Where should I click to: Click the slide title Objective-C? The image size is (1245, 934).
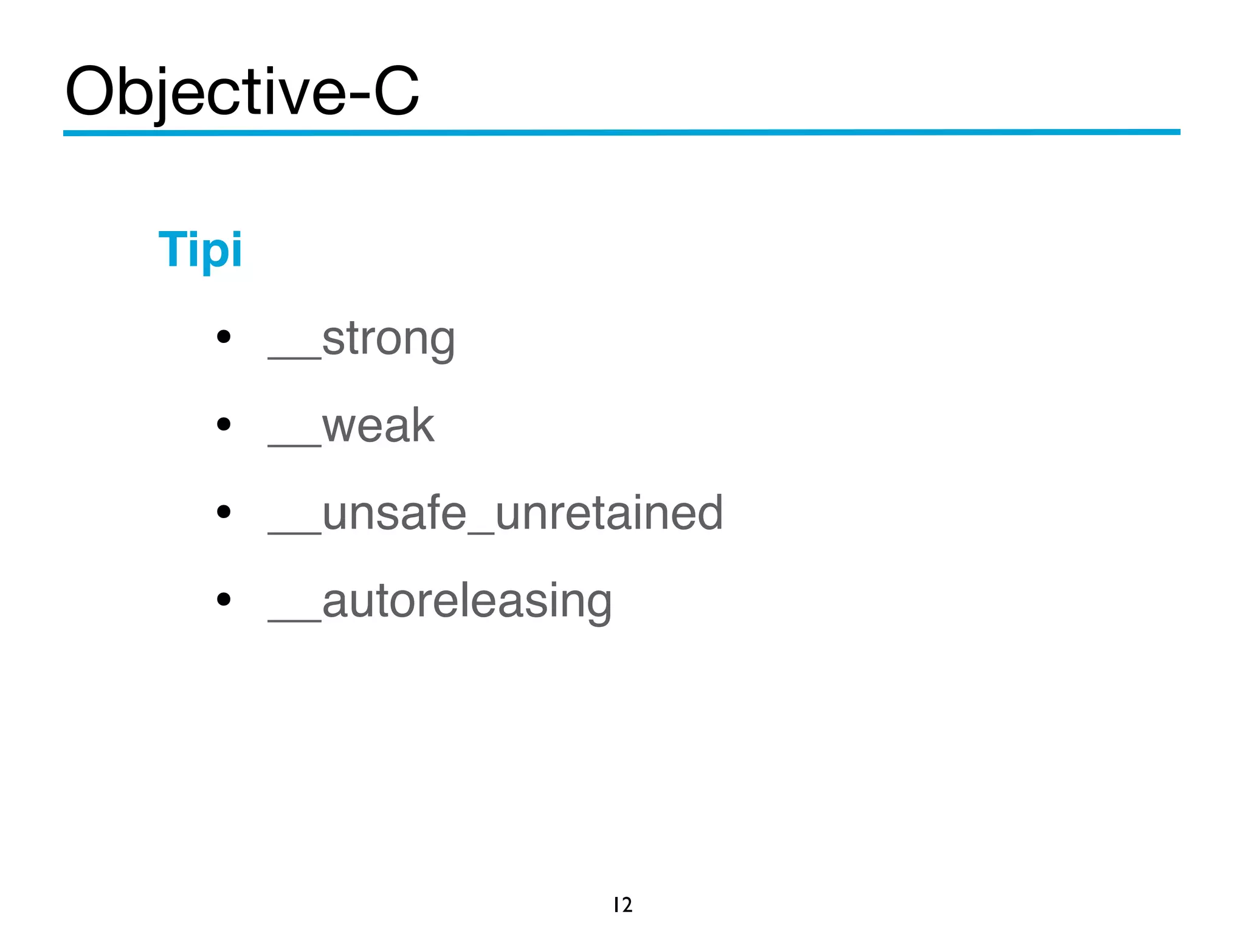click(x=242, y=91)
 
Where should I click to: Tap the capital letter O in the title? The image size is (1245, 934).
click(x=90, y=91)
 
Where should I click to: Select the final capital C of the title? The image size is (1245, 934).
click(x=396, y=91)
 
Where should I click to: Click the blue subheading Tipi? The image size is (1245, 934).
click(x=200, y=249)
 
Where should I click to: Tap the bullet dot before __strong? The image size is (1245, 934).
click(x=224, y=336)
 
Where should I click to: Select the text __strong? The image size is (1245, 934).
click(x=361, y=339)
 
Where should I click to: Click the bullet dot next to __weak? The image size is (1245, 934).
click(x=224, y=424)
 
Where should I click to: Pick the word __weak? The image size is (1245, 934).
click(x=351, y=426)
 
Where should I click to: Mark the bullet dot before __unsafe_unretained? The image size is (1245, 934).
click(x=224, y=511)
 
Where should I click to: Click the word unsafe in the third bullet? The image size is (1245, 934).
click(x=394, y=513)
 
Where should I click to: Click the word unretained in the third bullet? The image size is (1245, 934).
click(x=609, y=513)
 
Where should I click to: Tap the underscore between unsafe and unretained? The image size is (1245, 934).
click(x=481, y=532)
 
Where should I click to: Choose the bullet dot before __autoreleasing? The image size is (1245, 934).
click(x=224, y=599)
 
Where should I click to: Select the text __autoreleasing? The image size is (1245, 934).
click(x=440, y=602)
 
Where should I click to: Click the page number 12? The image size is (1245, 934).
click(x=622, y=905)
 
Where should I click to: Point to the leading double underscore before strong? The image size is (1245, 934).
click(x=294, y=358)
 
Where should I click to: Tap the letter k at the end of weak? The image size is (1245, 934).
click(x=421, y=425)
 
